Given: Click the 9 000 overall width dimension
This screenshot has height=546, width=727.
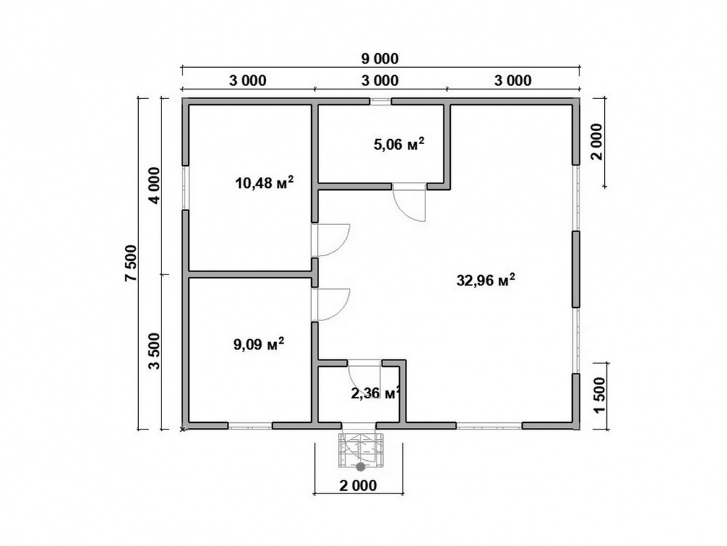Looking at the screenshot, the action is (x=379, y=59).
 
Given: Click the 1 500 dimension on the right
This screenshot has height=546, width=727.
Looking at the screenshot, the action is (x=599, y=395).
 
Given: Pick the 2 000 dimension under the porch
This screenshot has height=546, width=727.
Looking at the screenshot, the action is (x=358, y=486).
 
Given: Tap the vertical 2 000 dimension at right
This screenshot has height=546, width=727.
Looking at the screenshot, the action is (x=597, y=142).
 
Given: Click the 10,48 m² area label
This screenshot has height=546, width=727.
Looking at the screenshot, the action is (x=265, y=183).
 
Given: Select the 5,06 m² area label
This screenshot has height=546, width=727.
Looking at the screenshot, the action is (x=398, y=144).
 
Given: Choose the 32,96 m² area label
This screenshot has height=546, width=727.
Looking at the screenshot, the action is (x=486, y=280).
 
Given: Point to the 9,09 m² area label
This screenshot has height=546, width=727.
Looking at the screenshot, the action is (x=259, y=344).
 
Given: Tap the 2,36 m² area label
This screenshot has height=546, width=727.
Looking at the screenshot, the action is (x=376, y=393).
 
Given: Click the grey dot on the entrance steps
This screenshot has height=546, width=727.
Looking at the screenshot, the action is (x=361, y=467).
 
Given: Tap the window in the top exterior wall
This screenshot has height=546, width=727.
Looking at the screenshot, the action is (x=380, y=101).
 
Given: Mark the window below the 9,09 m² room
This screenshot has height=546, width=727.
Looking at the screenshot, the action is (x=250, y=425).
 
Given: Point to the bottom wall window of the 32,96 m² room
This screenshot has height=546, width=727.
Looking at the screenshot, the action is (x=489, y=425).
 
